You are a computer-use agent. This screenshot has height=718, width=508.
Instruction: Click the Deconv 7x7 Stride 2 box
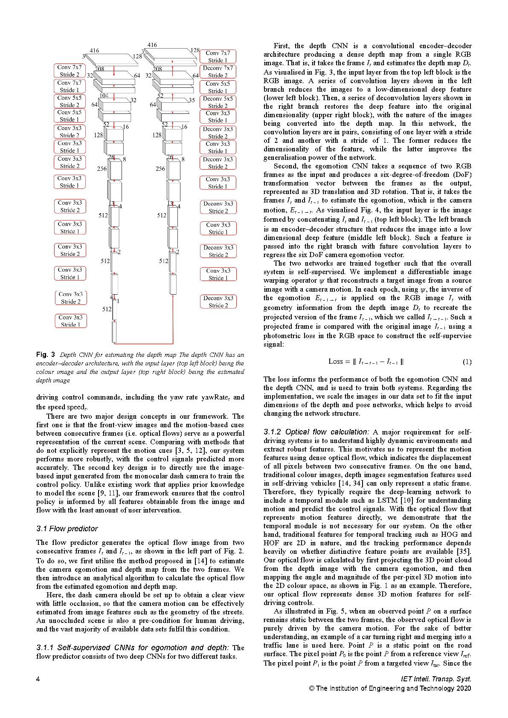click(218, 72)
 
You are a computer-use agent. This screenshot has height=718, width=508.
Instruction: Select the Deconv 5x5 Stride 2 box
click(218, 102)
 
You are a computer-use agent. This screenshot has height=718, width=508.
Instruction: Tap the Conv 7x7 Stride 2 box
click(70, 71)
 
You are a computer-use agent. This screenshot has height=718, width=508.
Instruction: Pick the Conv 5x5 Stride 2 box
click(70, 101)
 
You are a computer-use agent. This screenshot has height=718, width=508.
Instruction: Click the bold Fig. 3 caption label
click(46, 355)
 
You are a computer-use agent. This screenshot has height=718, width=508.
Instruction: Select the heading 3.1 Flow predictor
click(67, 529)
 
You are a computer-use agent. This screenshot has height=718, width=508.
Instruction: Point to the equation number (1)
click(467, 362)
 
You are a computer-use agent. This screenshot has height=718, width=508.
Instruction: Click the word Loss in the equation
click(336, 362)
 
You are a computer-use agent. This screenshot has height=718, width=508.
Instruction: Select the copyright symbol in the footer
click(312, 688)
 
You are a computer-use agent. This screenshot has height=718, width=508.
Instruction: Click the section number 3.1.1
click(45, 648)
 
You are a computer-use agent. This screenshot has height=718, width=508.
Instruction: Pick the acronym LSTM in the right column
click(387, 501)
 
